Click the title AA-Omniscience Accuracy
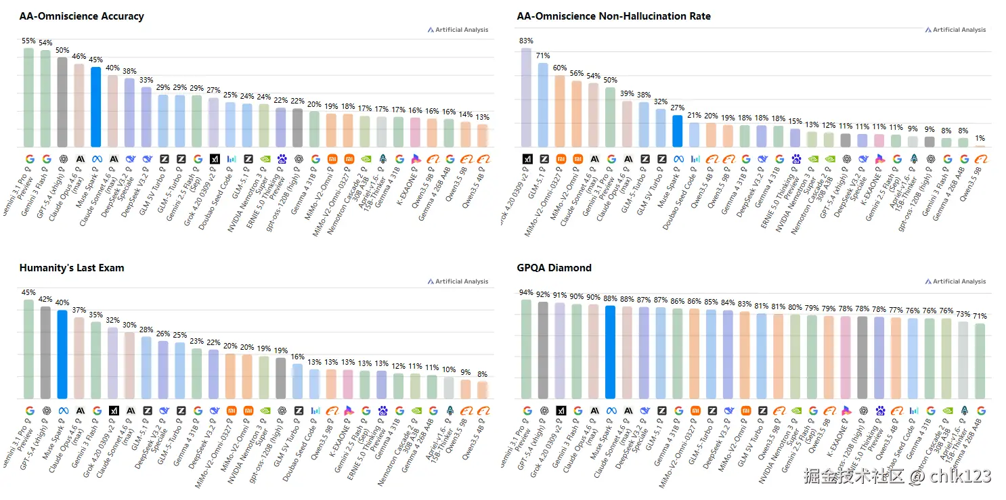[x=81, y=16]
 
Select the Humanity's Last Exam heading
[x=72, y=268]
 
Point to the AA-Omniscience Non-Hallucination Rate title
[x=613, y=16]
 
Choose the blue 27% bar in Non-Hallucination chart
[x=677, y=131]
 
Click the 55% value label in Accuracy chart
[x=28, y=41]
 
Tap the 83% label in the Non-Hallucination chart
[x=526, y=41]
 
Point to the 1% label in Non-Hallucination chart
[x=980, y=139]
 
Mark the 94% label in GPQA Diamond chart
[x=526, y=293]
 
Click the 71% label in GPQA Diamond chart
[x=980, y=316]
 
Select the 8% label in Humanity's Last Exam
[x=482, y=374]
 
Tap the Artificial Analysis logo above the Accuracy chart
[x=458, y=30]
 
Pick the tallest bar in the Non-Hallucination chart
[x=526, y=97]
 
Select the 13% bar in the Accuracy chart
[x=482, y=135]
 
